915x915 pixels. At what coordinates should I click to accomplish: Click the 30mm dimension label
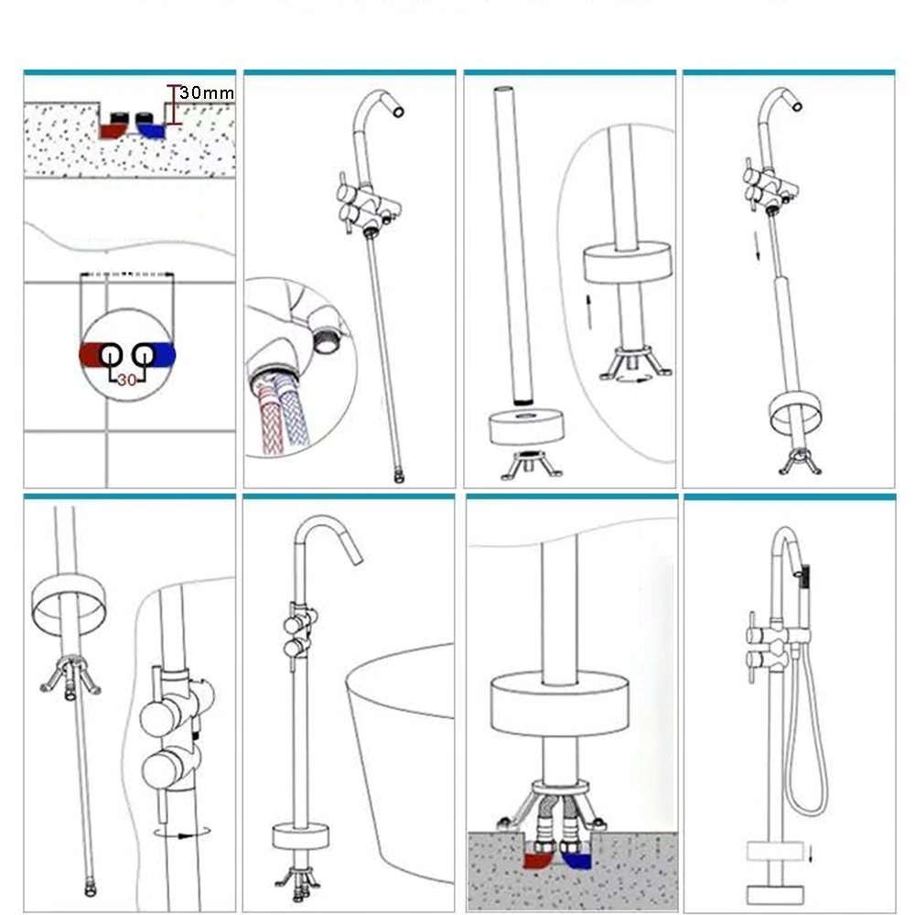[x=207, y=92]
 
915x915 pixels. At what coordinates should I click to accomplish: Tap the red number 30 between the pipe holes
[x=126, y=380]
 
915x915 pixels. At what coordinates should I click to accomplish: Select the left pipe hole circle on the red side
[x=111, y=355]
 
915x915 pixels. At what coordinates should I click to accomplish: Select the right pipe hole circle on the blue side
[x=144, y=355]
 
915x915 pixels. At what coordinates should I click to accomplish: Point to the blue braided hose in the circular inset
[x=296, y=412]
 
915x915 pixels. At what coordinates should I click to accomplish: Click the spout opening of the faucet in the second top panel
[x=398, y=111]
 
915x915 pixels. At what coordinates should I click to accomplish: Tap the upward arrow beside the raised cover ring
[x=589, y=312]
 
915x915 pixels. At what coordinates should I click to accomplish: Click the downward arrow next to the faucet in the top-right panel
[x=757, y=245]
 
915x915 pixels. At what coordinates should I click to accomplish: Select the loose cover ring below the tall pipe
[x=526, y=426]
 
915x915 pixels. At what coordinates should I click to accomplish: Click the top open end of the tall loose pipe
[x=505, y=90]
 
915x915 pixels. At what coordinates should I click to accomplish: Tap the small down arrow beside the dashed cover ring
[x=811, y=853]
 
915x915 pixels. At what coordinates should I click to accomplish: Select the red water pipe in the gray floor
[x=538, y=860]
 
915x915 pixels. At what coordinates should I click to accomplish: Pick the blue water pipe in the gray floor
[x=577, y=860]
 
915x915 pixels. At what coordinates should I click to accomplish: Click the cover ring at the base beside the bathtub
[x=300, y=836]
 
